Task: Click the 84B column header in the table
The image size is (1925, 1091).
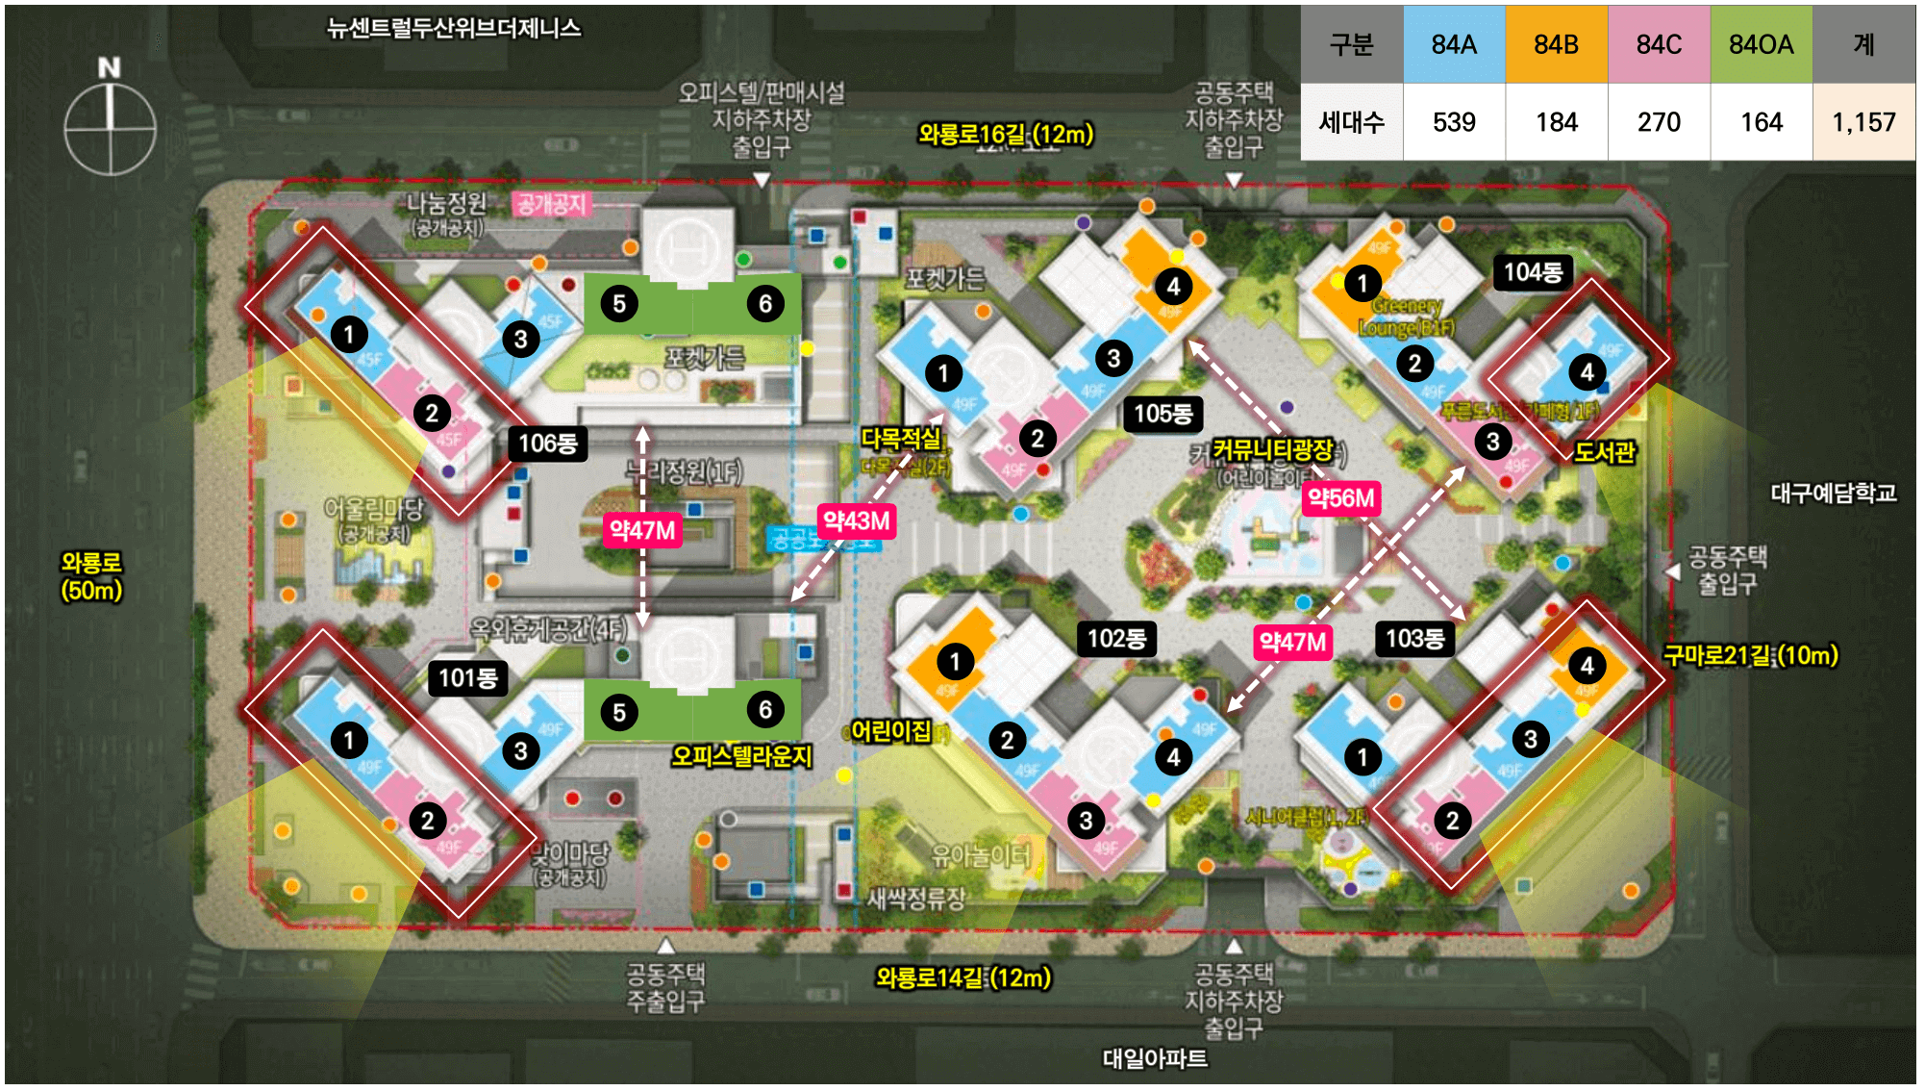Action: [x=1556, y=44]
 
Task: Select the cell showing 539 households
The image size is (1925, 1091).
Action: [x=1453, y=122]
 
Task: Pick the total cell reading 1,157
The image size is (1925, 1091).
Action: [x=1862, y=122]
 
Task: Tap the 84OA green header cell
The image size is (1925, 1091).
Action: [x=1761, y=44]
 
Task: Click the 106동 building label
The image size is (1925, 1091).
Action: [x=547, y=444]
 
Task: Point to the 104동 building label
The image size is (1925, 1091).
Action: [x=1532, y=272]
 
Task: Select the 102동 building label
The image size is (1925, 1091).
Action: [x=1115, y=639]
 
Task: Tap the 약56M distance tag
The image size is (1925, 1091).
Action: [x=1340, y=498]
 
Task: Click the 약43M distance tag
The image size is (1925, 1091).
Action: [x=856, y=521]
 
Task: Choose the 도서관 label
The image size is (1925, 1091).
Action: [x=1604, y=452]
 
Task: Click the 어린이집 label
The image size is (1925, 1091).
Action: [x=891, y=731]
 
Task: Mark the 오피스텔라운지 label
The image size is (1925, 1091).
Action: [x=741, y=756]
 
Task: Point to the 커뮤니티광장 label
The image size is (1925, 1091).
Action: [x=1272, y=449]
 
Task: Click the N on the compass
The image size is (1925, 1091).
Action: [x=110, y=67]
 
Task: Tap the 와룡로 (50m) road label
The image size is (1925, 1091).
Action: [x=91, y=576]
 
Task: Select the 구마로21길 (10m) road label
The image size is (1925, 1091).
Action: [x=1750, y=655]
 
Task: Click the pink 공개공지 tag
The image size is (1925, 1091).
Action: [x=551, y=204]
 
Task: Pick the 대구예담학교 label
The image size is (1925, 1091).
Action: [x=1833, y=494]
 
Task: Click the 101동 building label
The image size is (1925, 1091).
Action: [x=467, y=678]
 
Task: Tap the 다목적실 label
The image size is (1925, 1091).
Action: [x=900, y=439]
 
